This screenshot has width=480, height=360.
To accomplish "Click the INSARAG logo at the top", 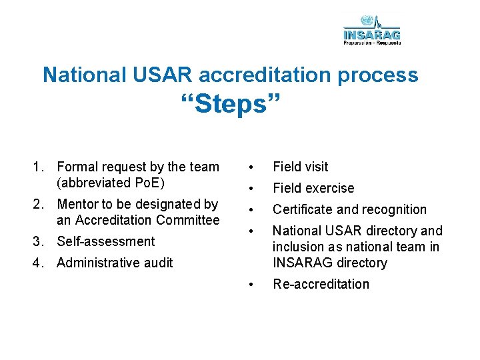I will pyautogui.click(x=372, y=30).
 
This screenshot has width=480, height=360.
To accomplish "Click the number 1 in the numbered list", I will pyautogui.click(x=39, y=167).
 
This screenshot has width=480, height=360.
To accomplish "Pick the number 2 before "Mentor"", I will pyautogui.click(x=39, y=204).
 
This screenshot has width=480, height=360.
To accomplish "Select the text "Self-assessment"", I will pyautogui.click(x=105, y=241).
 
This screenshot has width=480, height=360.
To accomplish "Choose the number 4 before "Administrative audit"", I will pyautogui.click(x=39, y=263).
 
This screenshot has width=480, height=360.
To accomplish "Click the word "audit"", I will pyautogui.click(x=158, y=263).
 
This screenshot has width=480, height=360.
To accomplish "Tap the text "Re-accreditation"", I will pyautogui.click(x=321, y=284).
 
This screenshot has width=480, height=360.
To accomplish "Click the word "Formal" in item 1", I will pyautogui.click(x=77, y=167).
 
